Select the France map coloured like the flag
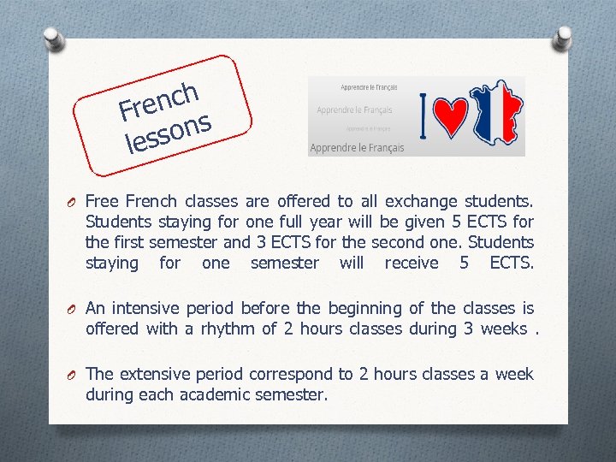point(495,116)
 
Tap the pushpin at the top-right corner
point(563,38)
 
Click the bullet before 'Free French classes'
point(73,203)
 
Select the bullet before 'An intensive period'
point(73,309)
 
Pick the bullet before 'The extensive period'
point(73,375)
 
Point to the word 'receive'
point(412,264)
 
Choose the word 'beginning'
point(346,308)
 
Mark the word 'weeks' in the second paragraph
point(504,329)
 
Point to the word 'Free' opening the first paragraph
point(103,202)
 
